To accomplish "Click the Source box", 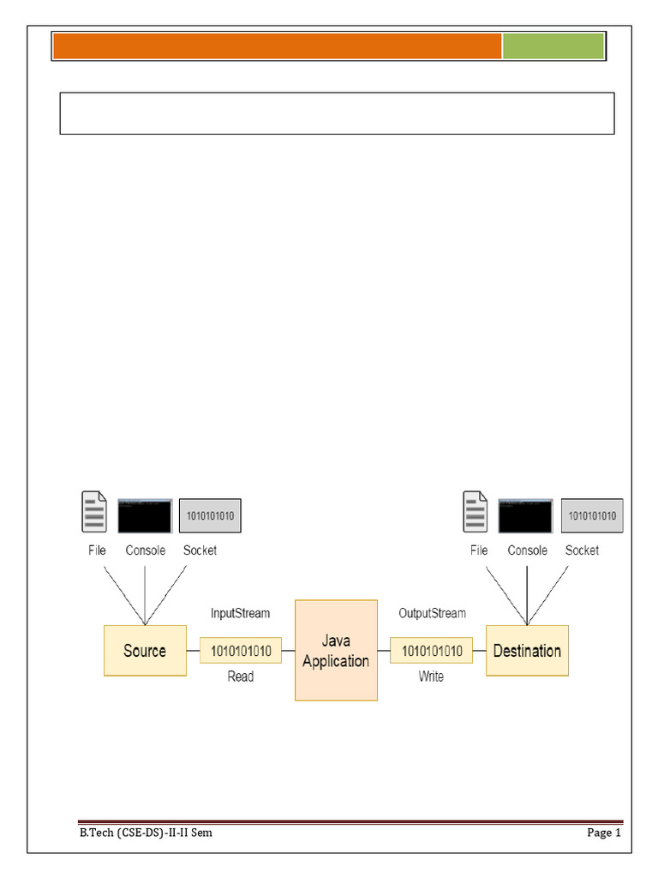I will click(x=145, y=651).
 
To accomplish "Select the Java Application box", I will click(x=336, y=651).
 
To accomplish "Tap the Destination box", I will click(x=527, y=651).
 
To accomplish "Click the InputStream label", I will click(x=241, y=613).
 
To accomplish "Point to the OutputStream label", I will click(x=433, y=613).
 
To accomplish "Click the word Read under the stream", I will click(x=241, y=677).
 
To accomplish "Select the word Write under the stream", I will click(x=431, y=677).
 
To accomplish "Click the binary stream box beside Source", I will click(x=241, y=651).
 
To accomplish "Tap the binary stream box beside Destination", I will click(x=432, y=651).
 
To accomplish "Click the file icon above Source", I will click(x=94, y=512).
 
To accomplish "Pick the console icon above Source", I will click(x=145, y=515).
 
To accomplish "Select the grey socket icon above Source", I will click(x=210, y=515).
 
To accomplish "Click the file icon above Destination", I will click(x=476, y=512).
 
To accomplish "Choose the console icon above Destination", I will click(x=526, y=515).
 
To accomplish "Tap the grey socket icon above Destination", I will click(x=593, y=515).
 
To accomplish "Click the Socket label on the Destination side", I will click(x=583, y=550).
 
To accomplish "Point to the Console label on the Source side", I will click(x=146, y=550).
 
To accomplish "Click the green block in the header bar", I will click(x=553, y=46).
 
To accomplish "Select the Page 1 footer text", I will click(x=604, y=833).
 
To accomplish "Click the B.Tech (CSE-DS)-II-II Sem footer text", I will click(x=146, y=833).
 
